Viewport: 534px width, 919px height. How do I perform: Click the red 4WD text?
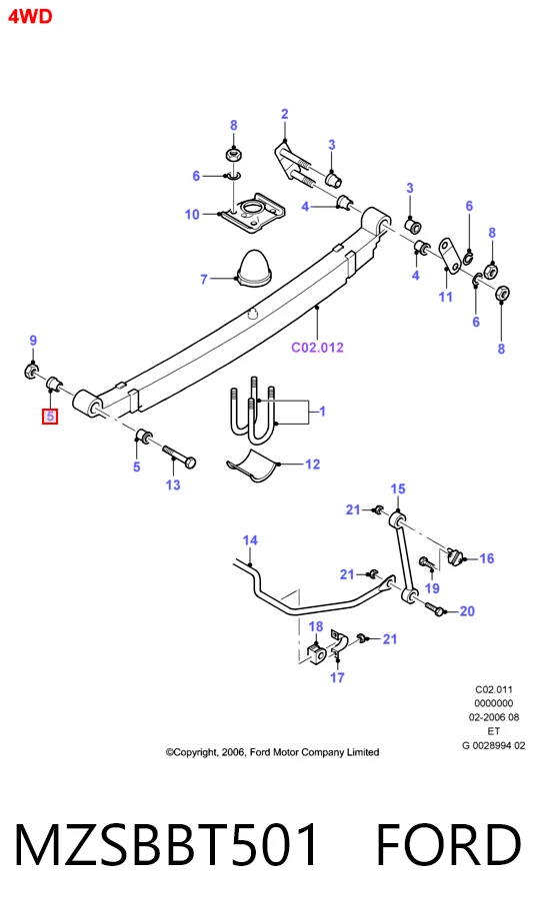(30, 16)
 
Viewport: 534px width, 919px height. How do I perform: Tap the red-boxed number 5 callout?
(50, 417)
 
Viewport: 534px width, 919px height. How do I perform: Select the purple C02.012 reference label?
(317, 347)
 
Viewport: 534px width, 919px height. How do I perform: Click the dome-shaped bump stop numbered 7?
(254, 270)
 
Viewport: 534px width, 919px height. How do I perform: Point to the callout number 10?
(192, 215)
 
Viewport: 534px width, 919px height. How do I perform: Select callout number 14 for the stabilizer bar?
(250, 540)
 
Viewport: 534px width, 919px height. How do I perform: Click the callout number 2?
(285, 114)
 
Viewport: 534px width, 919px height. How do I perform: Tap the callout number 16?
(486, 558)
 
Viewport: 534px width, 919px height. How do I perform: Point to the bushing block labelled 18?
(316, 653)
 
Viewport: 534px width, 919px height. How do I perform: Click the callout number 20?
(467, 611)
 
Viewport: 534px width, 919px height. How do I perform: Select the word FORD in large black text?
(448, 844)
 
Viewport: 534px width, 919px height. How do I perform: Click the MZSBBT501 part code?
(166, 844)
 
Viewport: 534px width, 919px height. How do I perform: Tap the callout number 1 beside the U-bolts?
(322, 412)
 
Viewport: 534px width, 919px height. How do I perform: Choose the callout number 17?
(337, 677)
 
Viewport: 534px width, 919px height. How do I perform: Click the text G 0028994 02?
(494, 745)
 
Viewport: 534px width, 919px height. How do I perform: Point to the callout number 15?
(398, 488)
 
